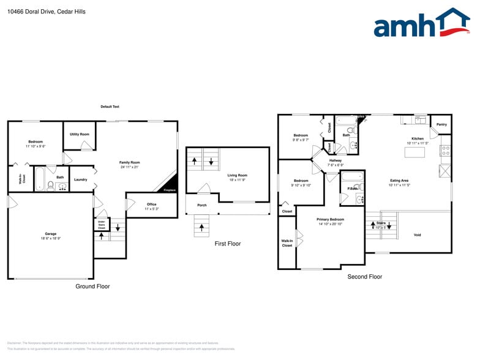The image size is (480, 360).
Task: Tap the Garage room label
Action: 51,234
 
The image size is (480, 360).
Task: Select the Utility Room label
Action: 79,134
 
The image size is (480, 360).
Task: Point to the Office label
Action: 151,204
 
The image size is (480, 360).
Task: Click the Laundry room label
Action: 80,179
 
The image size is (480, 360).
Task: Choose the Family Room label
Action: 129,162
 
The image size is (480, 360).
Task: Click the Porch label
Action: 201,205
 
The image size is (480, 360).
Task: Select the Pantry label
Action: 441,124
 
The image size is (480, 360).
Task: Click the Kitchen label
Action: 417,138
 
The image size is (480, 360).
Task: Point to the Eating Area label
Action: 400,181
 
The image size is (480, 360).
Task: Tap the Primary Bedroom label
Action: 330,219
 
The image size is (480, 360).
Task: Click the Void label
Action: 417,235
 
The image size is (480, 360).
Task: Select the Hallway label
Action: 335,160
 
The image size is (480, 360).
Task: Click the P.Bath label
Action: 352,188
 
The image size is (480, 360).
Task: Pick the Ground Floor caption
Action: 92,286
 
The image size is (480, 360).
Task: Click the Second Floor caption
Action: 365,277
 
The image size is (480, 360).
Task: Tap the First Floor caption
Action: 227,244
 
